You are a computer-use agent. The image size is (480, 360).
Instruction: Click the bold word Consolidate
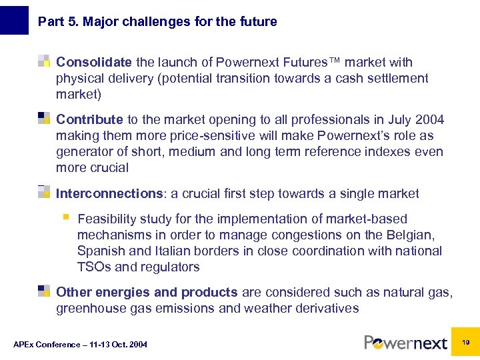[x=94, y=63]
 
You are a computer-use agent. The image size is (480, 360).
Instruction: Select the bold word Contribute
[x=89, y=120]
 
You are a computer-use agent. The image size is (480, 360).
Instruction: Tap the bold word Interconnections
[x=109, y=194]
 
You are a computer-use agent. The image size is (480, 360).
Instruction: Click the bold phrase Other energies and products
[x=147, y=293]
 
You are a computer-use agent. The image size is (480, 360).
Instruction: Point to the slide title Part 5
[x=157, y=21]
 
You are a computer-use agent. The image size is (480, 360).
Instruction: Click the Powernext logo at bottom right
[x=405, y=343]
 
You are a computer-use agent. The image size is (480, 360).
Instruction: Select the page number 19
[x=465, y=341]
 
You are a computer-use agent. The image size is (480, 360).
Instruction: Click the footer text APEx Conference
[x=80, y=345]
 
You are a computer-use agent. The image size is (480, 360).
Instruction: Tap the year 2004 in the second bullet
[x=429, y=120]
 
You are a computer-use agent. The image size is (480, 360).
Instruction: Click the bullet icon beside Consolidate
[x=44, y=62]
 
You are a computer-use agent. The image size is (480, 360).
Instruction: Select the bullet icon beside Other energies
[x=44, y=291]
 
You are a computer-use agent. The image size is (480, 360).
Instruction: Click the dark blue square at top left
[x=14, y=19]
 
